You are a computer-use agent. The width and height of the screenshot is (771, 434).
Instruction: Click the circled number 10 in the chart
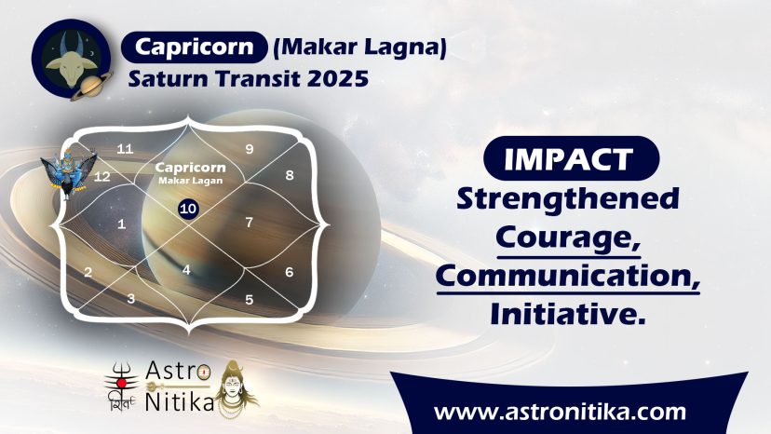188,210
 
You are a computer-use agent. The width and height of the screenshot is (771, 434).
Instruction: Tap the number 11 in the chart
125,149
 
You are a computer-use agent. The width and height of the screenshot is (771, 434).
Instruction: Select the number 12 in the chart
101,177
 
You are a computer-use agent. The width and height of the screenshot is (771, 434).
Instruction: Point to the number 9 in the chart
250,149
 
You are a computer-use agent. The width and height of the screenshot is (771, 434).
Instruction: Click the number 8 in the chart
290,175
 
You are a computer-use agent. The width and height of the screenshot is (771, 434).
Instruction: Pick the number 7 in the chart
250,223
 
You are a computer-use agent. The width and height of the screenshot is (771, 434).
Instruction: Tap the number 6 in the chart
290,272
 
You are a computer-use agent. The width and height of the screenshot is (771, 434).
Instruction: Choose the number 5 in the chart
250,300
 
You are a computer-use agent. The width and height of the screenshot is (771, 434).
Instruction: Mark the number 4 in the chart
186,270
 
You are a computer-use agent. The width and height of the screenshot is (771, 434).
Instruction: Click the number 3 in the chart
130,299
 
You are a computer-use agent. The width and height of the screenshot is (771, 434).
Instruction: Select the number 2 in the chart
88,272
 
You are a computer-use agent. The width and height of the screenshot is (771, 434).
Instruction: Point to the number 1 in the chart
121,224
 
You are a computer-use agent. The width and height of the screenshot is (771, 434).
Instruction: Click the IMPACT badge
572,158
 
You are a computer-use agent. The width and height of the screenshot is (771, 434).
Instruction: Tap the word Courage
568,238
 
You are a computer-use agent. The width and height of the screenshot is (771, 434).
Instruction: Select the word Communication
568,276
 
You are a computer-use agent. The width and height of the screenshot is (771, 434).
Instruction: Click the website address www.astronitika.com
560,412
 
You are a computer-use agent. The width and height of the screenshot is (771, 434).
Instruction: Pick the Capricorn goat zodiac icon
72,59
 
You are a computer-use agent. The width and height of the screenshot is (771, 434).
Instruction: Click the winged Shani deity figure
69,173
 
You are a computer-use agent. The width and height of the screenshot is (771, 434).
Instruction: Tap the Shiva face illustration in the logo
237,388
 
